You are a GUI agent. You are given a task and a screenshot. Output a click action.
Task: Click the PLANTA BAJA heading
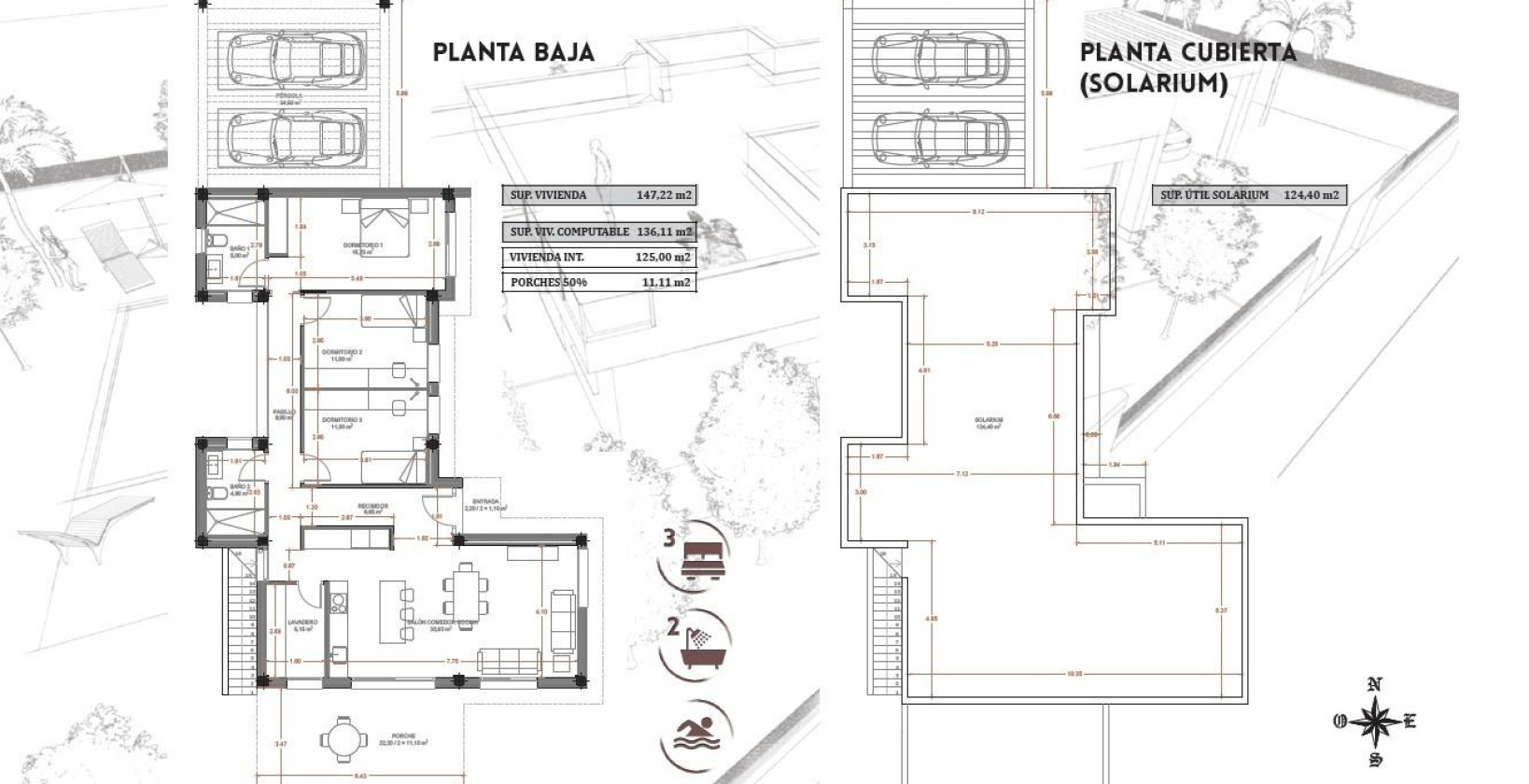point(513,51)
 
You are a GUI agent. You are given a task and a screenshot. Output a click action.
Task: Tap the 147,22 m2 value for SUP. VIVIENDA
point(664,196)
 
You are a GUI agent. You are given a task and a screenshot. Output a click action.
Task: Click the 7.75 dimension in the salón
point(453,662)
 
